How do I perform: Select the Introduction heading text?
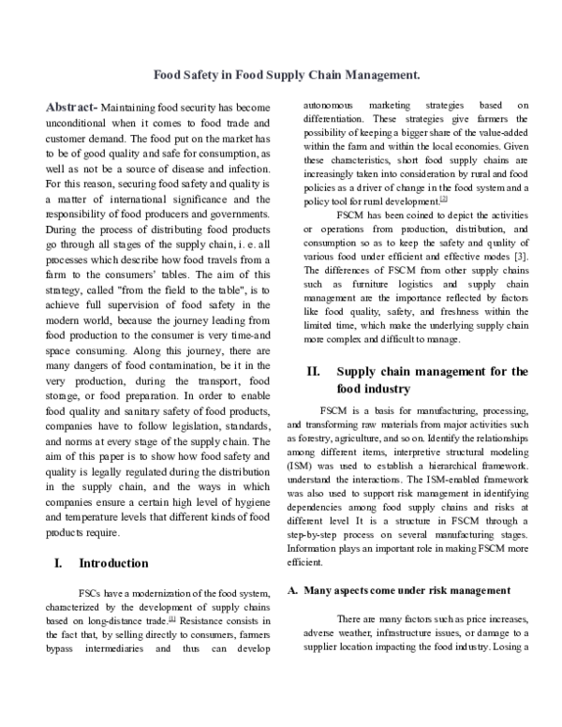[x=113, y=563]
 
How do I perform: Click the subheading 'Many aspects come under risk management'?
[x=403, y=590]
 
